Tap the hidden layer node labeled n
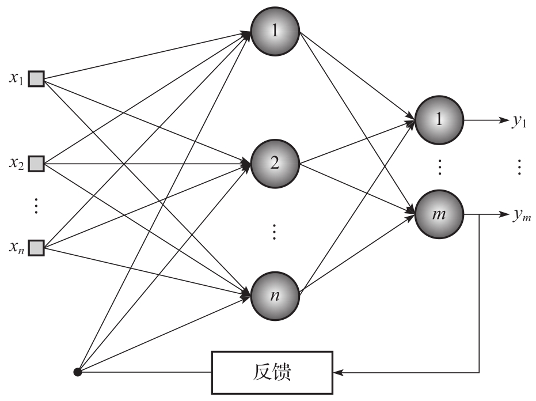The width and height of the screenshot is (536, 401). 275,294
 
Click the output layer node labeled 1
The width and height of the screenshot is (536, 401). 439,120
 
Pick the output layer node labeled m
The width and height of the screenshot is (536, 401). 439,215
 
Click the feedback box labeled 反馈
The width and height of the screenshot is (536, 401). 272,372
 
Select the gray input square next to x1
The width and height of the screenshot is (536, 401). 36,78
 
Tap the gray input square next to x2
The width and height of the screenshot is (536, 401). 36,163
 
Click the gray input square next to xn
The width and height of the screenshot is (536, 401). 36,248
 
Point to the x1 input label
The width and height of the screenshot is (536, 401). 16,78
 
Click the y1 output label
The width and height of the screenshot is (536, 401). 520,122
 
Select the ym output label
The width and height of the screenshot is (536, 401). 522,217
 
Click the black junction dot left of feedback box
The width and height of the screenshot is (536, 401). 78,372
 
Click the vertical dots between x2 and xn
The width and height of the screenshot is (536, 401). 36,206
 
